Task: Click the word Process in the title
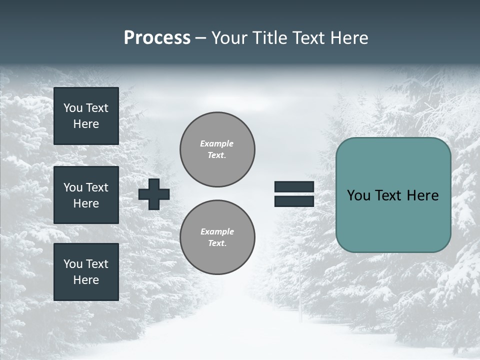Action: click(157, 38)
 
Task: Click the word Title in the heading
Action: click(268, 38)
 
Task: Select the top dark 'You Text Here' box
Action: click(86, 116)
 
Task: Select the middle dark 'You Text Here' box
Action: click(86, 195)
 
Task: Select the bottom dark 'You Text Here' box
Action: click(86, 272)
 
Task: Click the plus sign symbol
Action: click(154, 194)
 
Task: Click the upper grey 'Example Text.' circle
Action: click(217, 149)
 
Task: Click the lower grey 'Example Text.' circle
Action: click(217, 237)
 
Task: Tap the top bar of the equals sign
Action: click(294, 186)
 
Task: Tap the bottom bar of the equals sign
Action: click(294, 201)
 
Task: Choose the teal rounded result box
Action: click(393, 220)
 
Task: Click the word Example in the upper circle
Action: click(216, 143)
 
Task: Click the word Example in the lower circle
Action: click(217, 231)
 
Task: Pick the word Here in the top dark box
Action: click(86, 124)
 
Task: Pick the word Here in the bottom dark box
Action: click(86, 280)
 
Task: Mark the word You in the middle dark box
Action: click(72, 187)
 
